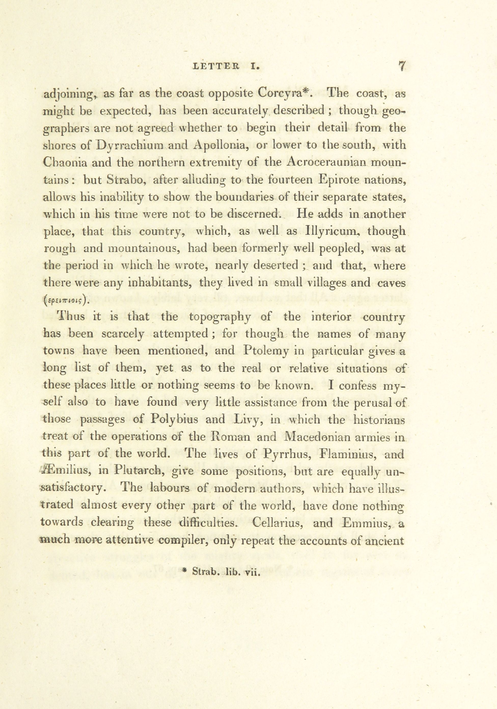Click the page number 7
click(x=401, y=66)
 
